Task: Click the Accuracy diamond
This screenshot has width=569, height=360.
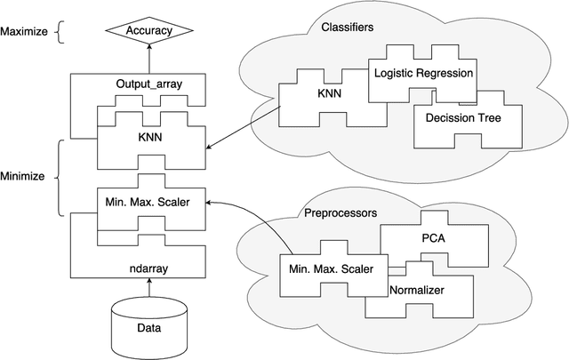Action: coord(149,31)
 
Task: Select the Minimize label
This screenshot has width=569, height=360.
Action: coord(23,176)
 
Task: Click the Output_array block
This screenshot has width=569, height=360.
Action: coord(149,84)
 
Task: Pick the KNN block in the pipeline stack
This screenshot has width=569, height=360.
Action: coord(149,140)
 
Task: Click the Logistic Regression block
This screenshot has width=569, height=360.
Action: coord(423,71)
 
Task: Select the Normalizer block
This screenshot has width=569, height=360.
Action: coord(418,291)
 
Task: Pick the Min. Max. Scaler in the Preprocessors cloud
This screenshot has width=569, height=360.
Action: coord(327,267)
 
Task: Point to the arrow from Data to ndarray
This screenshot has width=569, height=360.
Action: coord(149,287)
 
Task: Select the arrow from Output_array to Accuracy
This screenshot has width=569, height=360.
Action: coord(149,59)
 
